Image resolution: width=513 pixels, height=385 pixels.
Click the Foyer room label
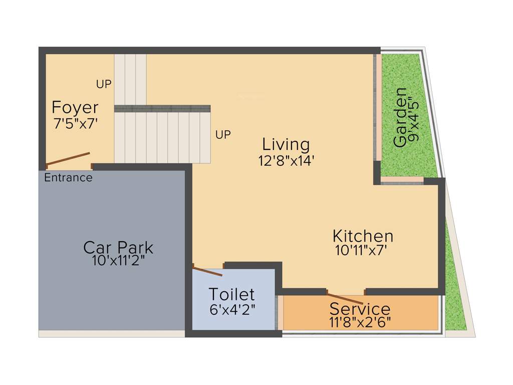75,108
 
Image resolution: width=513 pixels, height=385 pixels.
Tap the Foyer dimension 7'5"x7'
75,123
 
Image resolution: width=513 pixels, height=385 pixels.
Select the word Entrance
68,177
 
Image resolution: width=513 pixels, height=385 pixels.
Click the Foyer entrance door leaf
68,158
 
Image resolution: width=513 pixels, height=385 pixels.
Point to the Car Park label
118,248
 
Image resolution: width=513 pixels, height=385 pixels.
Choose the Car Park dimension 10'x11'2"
118,261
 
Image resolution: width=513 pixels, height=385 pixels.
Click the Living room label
286,144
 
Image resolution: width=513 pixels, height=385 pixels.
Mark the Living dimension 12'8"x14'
286,160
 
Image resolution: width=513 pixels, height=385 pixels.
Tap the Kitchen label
363,236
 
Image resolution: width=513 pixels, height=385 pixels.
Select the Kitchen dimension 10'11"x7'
362,250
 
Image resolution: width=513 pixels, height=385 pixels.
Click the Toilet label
231,294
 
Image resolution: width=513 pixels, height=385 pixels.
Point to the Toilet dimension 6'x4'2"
232,309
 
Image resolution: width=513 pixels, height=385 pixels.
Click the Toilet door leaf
208,271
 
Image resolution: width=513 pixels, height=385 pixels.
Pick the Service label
360,309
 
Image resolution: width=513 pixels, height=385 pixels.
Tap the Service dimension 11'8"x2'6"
360,321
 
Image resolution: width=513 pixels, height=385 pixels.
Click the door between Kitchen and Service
346,293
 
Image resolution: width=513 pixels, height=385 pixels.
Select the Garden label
400,117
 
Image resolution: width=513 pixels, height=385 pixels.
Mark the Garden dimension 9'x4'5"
413,119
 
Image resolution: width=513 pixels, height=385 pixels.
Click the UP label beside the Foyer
104,85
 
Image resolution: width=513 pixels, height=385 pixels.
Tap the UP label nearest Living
223,135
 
